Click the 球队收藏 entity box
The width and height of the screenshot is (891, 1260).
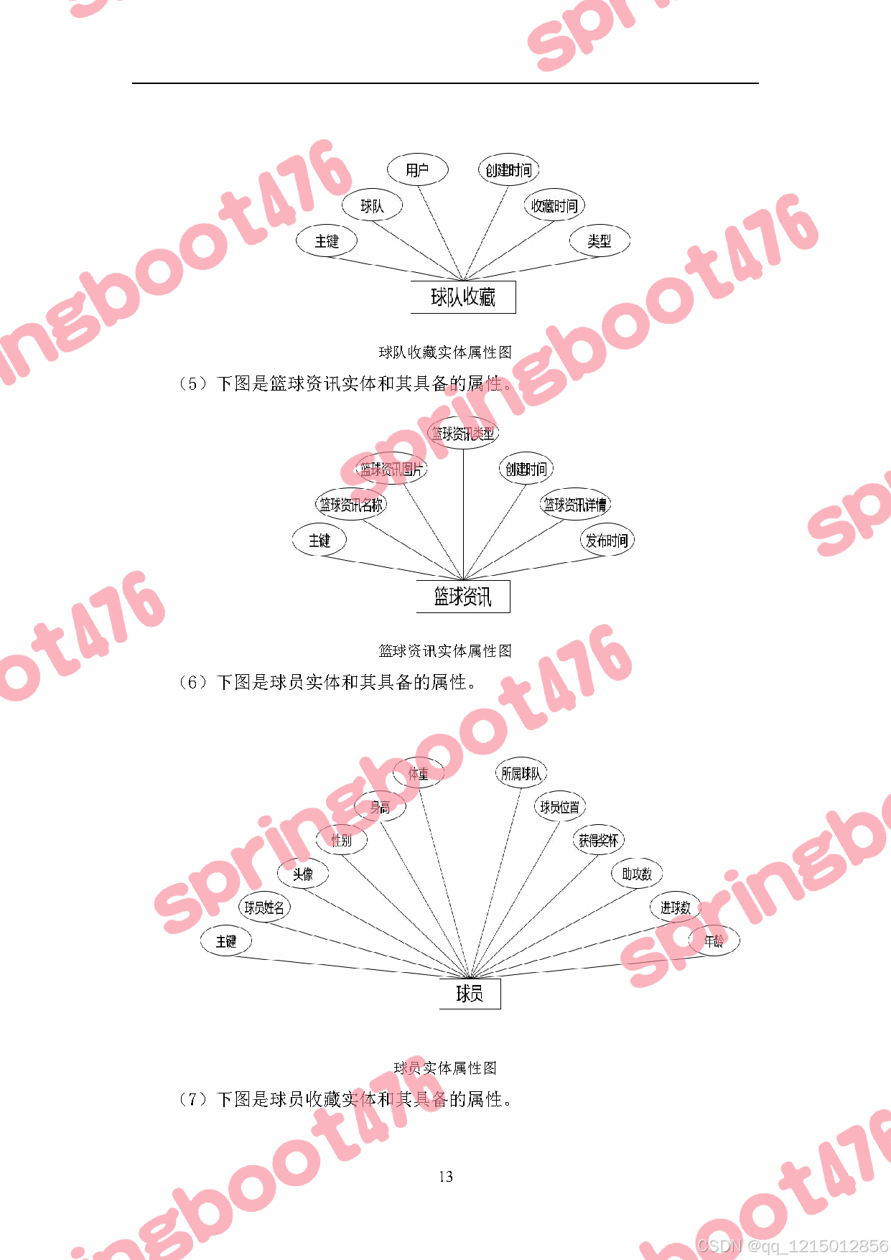coord(463,297)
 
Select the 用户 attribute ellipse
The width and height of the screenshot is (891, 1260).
coord(417,170)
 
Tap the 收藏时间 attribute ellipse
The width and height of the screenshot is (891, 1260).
coord(554,206)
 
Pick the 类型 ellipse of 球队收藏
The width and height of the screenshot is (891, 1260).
coord(599,241)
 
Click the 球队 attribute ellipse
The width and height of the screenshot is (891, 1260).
coord(372,206)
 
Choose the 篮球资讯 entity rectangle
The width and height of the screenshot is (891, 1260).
coord(463,597)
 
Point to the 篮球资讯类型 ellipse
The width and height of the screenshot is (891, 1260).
coord(463,434)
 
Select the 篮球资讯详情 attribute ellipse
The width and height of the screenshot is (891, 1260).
coord(575,505)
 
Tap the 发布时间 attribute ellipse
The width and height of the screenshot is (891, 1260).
coord(607,541)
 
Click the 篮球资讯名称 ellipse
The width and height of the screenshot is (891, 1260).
coord(351,505)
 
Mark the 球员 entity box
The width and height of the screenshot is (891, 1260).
coord(470,994)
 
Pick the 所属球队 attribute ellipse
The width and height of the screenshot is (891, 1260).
coord(521,773)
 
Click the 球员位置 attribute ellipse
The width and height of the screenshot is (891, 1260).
coord(559,807)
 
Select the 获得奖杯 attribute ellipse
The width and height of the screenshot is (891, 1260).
coord(598,840)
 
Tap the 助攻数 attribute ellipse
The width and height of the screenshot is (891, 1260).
coord(637,874)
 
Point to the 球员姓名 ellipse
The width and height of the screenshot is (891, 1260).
coord(264,907)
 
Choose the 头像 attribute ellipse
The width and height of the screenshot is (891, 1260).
coord(303,874)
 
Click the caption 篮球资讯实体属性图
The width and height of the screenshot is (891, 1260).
coord(445,651)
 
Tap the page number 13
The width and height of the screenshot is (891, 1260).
coord(446,1177)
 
